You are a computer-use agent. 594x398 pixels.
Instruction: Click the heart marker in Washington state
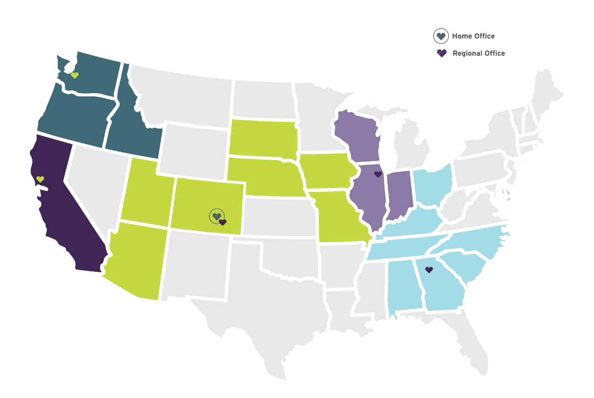tap(74, 75)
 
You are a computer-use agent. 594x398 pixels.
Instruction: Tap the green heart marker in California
tap(40, 179)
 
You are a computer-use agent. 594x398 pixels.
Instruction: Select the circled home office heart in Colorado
tap(216, 216)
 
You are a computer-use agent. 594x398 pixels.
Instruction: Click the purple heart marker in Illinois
tap(378, 174)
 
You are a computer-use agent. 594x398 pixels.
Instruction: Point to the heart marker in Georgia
tap(429, 270)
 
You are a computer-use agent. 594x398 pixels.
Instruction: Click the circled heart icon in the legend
tap(441, 36)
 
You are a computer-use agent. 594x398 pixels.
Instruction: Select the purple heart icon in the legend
tap(441, 54)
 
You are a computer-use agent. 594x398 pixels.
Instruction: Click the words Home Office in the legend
tap(473, 36)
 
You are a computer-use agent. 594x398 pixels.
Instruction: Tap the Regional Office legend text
tap(479, 54)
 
